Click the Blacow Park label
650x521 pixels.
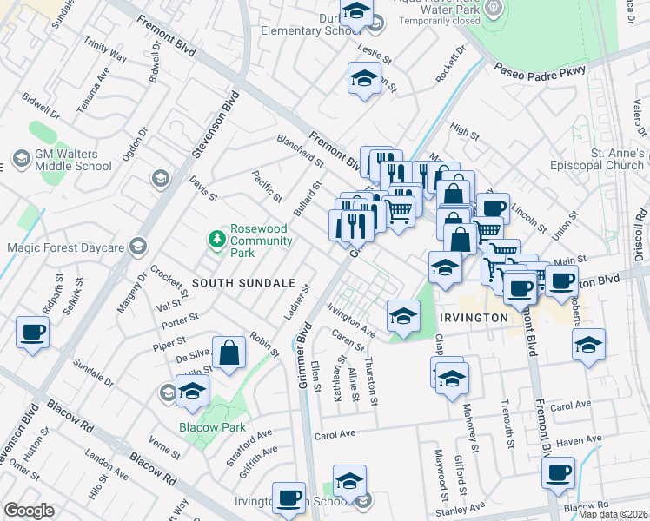coord(212,427)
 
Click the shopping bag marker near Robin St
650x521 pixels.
coord(229,353)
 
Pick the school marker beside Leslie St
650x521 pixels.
coord(364,79)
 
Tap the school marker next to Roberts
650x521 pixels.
coord(588,344)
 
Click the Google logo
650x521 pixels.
coord(29,511)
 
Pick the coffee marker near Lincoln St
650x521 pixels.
coord(493,208)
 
